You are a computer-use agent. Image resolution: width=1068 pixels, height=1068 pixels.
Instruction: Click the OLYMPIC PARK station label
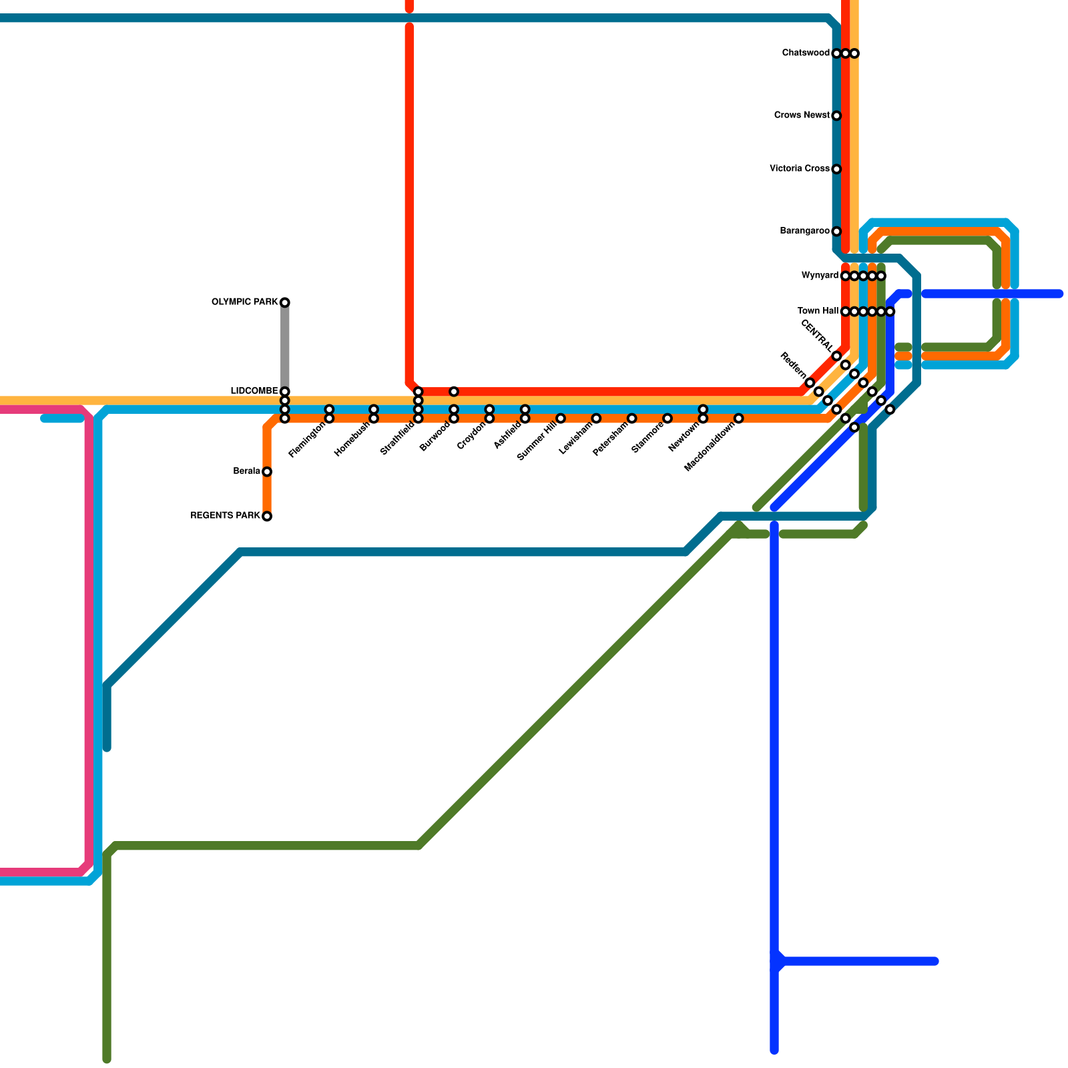point(244,302)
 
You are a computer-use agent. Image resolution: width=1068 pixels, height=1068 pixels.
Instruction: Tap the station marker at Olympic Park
point(285,302)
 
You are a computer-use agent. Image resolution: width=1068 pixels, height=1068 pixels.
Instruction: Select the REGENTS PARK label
point(225,516)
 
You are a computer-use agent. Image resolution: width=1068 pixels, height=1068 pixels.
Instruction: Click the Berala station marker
point(267,472)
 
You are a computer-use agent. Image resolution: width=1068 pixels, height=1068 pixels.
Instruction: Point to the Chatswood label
point(806,53)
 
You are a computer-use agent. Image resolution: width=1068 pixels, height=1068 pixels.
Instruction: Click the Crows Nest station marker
point(836,115)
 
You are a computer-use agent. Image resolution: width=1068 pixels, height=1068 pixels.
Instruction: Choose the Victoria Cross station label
point(800,169)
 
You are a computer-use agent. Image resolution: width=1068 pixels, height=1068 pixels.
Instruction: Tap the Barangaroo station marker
point(836,232)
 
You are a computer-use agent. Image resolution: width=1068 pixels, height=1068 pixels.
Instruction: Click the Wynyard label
point(820,276)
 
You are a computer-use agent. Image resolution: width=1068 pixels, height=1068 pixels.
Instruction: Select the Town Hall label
point(818,311)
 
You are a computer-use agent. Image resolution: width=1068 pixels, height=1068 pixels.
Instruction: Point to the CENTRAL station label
point(816,335)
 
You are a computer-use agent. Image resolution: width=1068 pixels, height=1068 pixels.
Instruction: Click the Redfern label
point(792,366)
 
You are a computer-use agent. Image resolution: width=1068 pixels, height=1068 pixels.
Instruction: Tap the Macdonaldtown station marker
point(739,419)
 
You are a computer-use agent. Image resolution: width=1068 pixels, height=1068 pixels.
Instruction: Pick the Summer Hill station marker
point(561,419)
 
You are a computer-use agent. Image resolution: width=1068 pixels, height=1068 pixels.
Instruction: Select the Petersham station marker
point(632,419)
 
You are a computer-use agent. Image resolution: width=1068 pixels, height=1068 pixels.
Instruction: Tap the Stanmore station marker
point(667,419)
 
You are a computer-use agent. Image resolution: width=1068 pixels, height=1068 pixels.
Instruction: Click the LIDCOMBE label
point(254,391)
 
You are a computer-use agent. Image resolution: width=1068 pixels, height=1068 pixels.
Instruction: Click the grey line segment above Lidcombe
point(285,347)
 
